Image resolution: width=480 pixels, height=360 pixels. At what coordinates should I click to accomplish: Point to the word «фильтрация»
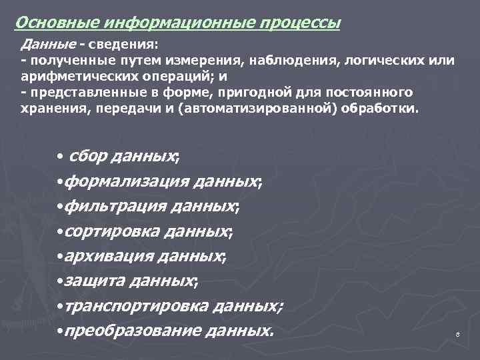[104, 206]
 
